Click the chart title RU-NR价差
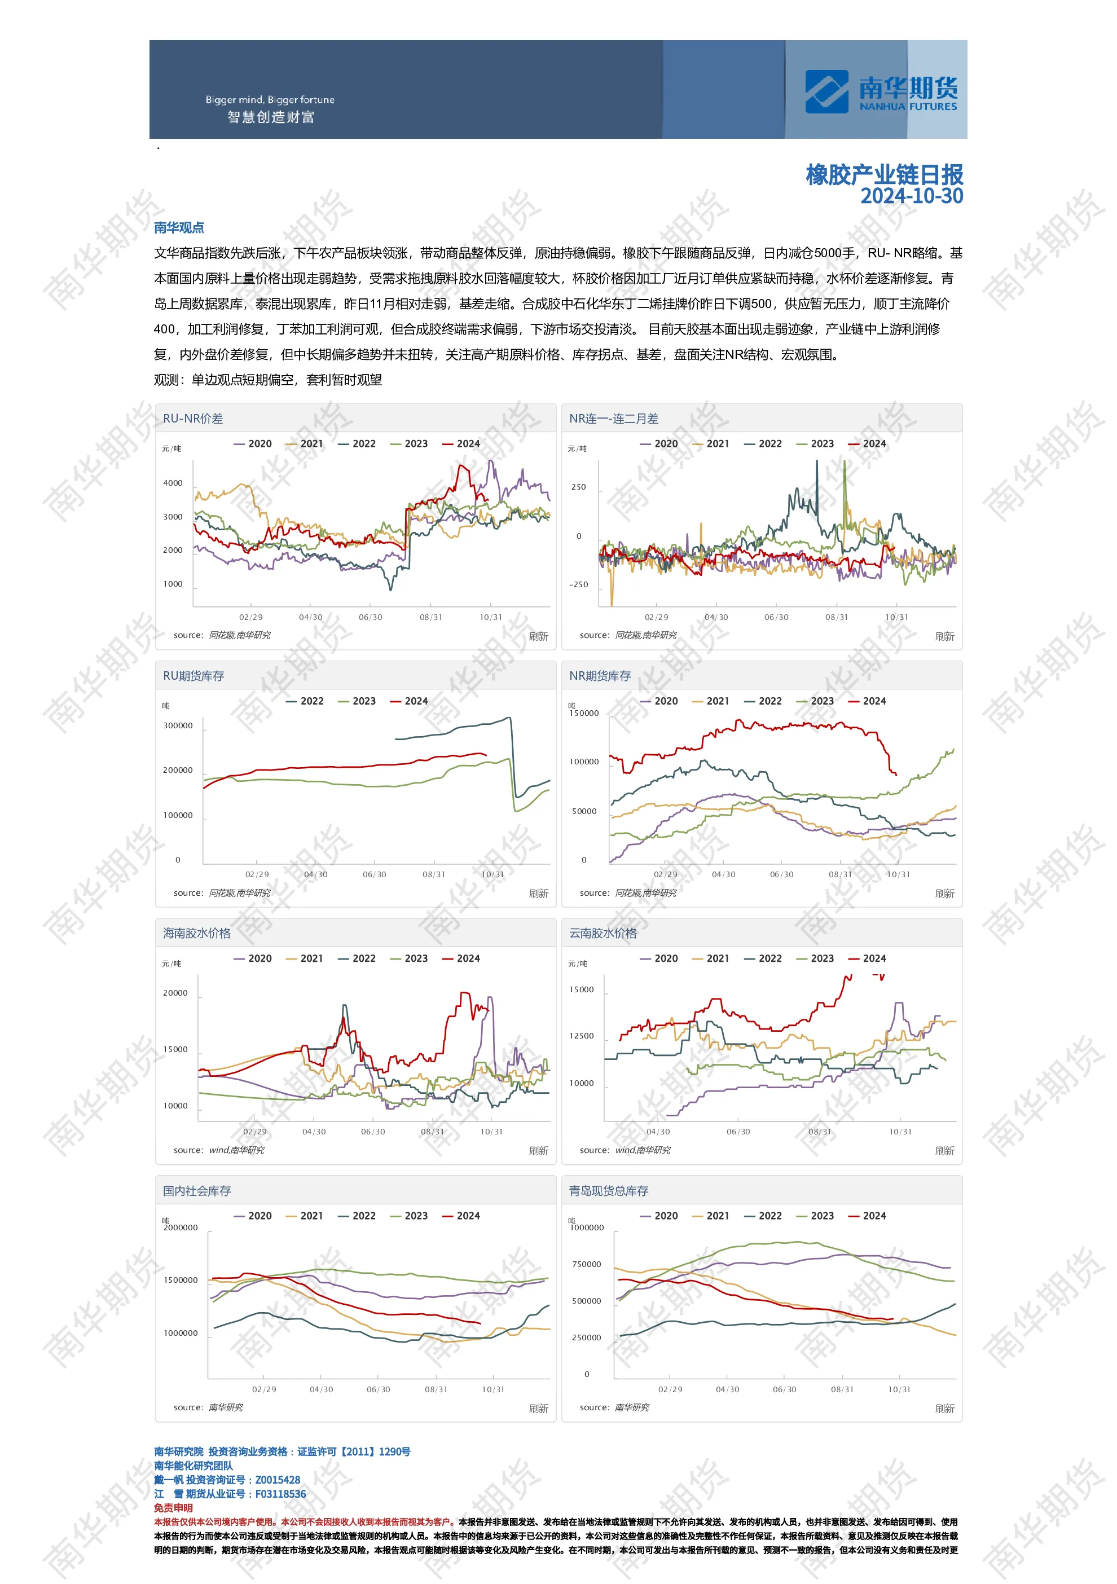coord(192,419)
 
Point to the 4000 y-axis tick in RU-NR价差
coord(173,483)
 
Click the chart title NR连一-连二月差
coord(613,419)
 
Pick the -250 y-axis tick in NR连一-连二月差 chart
coord(578,584)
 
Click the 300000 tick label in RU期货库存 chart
coord(178,726)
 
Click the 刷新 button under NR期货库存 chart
coord(944,894)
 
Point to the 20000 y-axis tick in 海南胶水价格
coord(175,993)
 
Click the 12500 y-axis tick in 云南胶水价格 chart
coord(581,1036)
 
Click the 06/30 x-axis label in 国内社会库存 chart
coord(378,1389)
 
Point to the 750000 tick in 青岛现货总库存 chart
coord(587,1265)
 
